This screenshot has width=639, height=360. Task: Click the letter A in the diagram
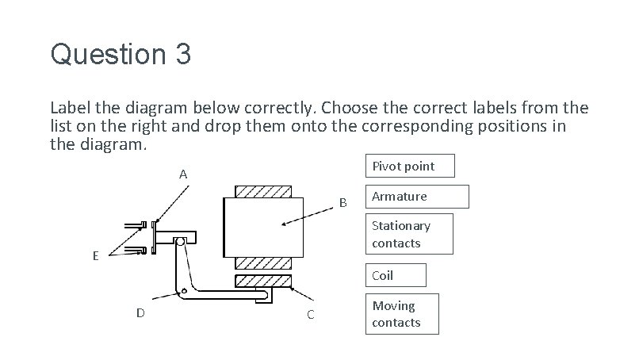(x=183, y=174)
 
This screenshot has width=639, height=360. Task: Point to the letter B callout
(x=343, y=202)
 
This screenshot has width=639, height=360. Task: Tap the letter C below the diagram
(x=310, y=315)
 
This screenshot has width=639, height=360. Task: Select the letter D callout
(x=140, y=312)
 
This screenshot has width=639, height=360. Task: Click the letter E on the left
(x=95, y=256)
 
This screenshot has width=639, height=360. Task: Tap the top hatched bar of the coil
(x=263, y=193)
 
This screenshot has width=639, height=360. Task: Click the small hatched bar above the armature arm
(x=263, y=281)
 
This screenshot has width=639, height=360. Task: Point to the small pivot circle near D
(x=184, y=290)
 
